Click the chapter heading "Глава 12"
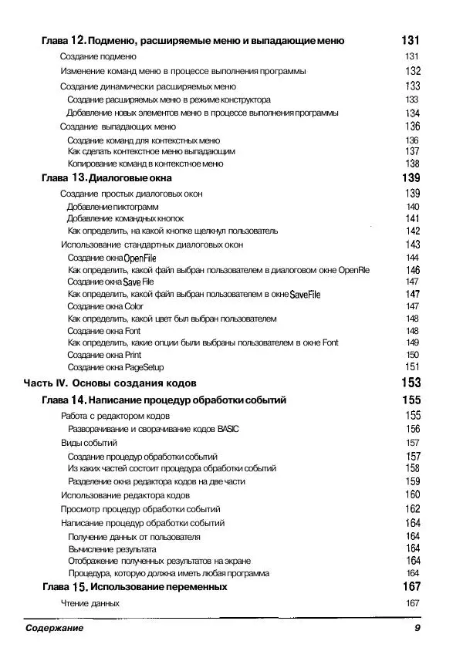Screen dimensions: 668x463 click(64, 40)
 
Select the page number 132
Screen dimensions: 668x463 click(412, 71)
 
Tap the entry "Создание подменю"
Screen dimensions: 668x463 click(93, 56)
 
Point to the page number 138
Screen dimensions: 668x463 click(412, 164)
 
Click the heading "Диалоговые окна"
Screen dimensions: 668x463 click(130, 178)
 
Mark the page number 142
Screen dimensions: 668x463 click(412, 231)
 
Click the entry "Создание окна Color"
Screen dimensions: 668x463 click(106, 306)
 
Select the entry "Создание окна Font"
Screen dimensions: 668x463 click(104, 331)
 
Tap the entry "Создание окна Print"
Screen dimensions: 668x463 click(104, 355)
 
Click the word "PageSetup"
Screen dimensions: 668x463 click(144, 367)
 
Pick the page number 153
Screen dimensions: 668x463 click(411, 383)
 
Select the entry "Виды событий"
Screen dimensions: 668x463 click(89, 444)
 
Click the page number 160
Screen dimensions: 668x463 click(412, 494)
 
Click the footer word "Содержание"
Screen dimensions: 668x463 click(53, 629)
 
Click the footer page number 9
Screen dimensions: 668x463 click(417, 629)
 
